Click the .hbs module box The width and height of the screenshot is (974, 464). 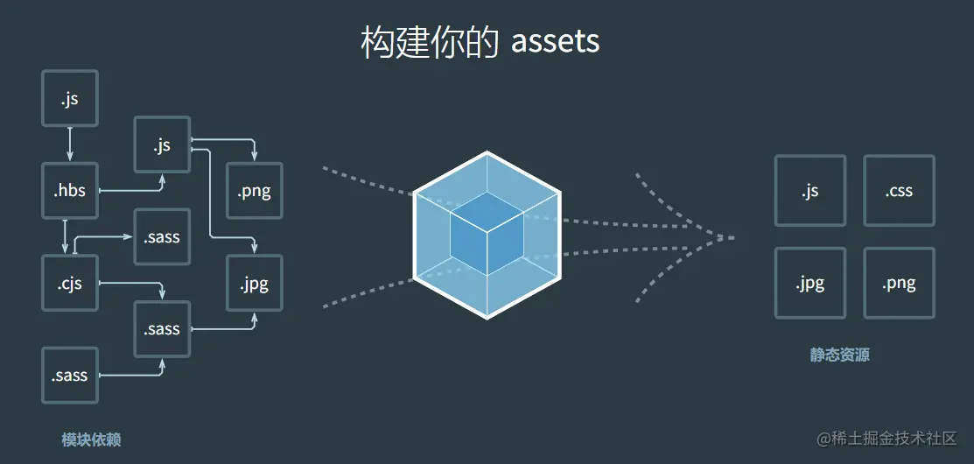(x=70, y=190)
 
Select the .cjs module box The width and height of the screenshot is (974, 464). (x=70, y=283)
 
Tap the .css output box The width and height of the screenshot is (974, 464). (x=899, y=190)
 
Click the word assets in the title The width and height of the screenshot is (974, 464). (x=556, y=42)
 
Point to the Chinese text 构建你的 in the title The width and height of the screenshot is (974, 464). (x=430, y=42)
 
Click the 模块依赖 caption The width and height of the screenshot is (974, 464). (x=91, y=439)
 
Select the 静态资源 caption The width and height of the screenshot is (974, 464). (x=839, y=355)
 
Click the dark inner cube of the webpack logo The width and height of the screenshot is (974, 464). (x=487, y=231)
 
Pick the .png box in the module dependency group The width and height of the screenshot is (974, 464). (x=254, y=190)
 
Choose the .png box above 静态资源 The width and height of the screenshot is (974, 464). (x=899, y=283)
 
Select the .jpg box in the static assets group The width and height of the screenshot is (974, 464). (x=809, y=283)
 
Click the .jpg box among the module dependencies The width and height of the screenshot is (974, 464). (x=254, y=283)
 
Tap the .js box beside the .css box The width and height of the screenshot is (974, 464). (x=809, y=190)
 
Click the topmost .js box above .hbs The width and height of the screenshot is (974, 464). (x=70, y=98)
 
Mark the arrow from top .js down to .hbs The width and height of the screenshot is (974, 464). (x=70, y=144)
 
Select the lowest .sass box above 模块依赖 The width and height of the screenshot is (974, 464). (x=70, y=376)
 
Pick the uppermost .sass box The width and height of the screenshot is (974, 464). (x=162, y=236)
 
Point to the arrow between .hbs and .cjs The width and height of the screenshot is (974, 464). (x=66, y=236)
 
